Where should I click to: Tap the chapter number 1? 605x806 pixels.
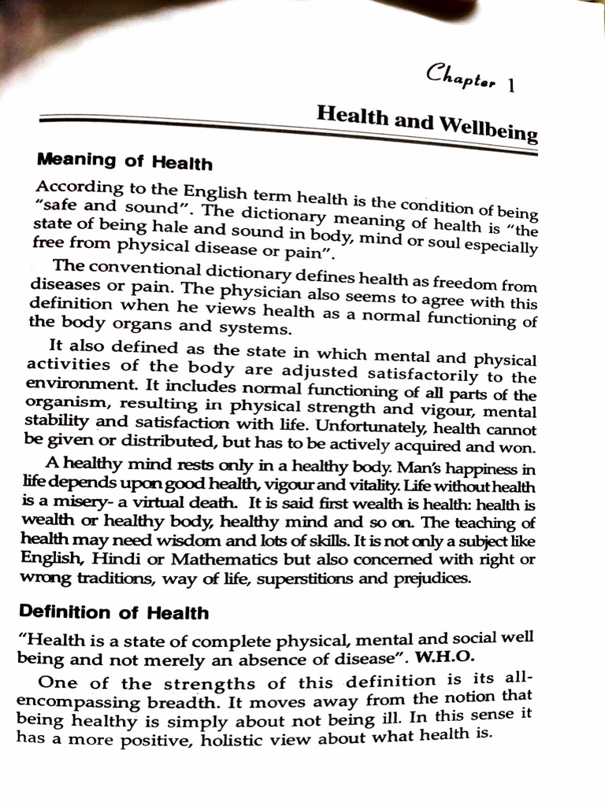coord(513,86)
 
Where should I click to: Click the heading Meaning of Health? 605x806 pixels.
coord(124,162)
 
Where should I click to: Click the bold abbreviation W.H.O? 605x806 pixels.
coord(452,657)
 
